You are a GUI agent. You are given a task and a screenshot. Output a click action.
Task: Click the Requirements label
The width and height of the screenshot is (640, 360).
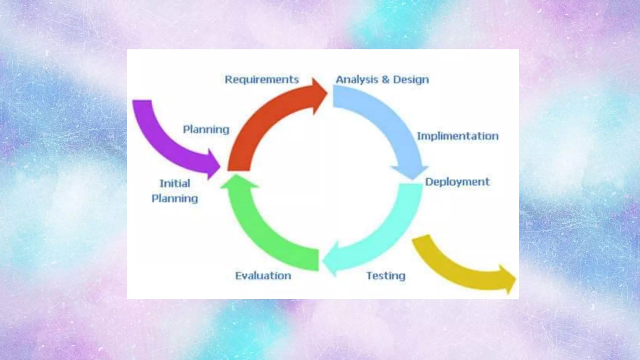point(262,80)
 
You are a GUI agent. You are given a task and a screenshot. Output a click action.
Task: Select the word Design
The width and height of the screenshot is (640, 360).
point(411,80)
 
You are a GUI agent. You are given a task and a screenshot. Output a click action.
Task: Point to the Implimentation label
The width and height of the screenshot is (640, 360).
point(458,136)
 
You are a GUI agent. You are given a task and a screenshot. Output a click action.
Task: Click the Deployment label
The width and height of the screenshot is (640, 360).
point(457,182)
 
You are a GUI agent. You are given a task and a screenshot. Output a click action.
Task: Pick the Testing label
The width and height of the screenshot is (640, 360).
point(386,276)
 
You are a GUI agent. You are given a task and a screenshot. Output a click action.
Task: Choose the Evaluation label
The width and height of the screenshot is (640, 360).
point(263,276)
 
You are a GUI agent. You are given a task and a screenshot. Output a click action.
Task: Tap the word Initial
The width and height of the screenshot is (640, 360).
point(175,183)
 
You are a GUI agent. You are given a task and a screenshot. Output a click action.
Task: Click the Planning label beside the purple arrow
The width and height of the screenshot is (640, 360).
point(206,129)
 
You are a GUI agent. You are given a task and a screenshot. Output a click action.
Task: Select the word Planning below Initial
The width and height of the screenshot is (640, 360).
point(175,199)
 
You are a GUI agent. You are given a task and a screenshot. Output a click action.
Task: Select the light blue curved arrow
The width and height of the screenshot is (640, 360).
point(387,122)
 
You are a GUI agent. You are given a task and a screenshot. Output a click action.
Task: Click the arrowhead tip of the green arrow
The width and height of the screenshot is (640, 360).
point(237,177)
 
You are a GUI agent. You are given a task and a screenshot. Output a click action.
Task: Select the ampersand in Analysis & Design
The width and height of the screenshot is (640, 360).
point(386,80)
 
